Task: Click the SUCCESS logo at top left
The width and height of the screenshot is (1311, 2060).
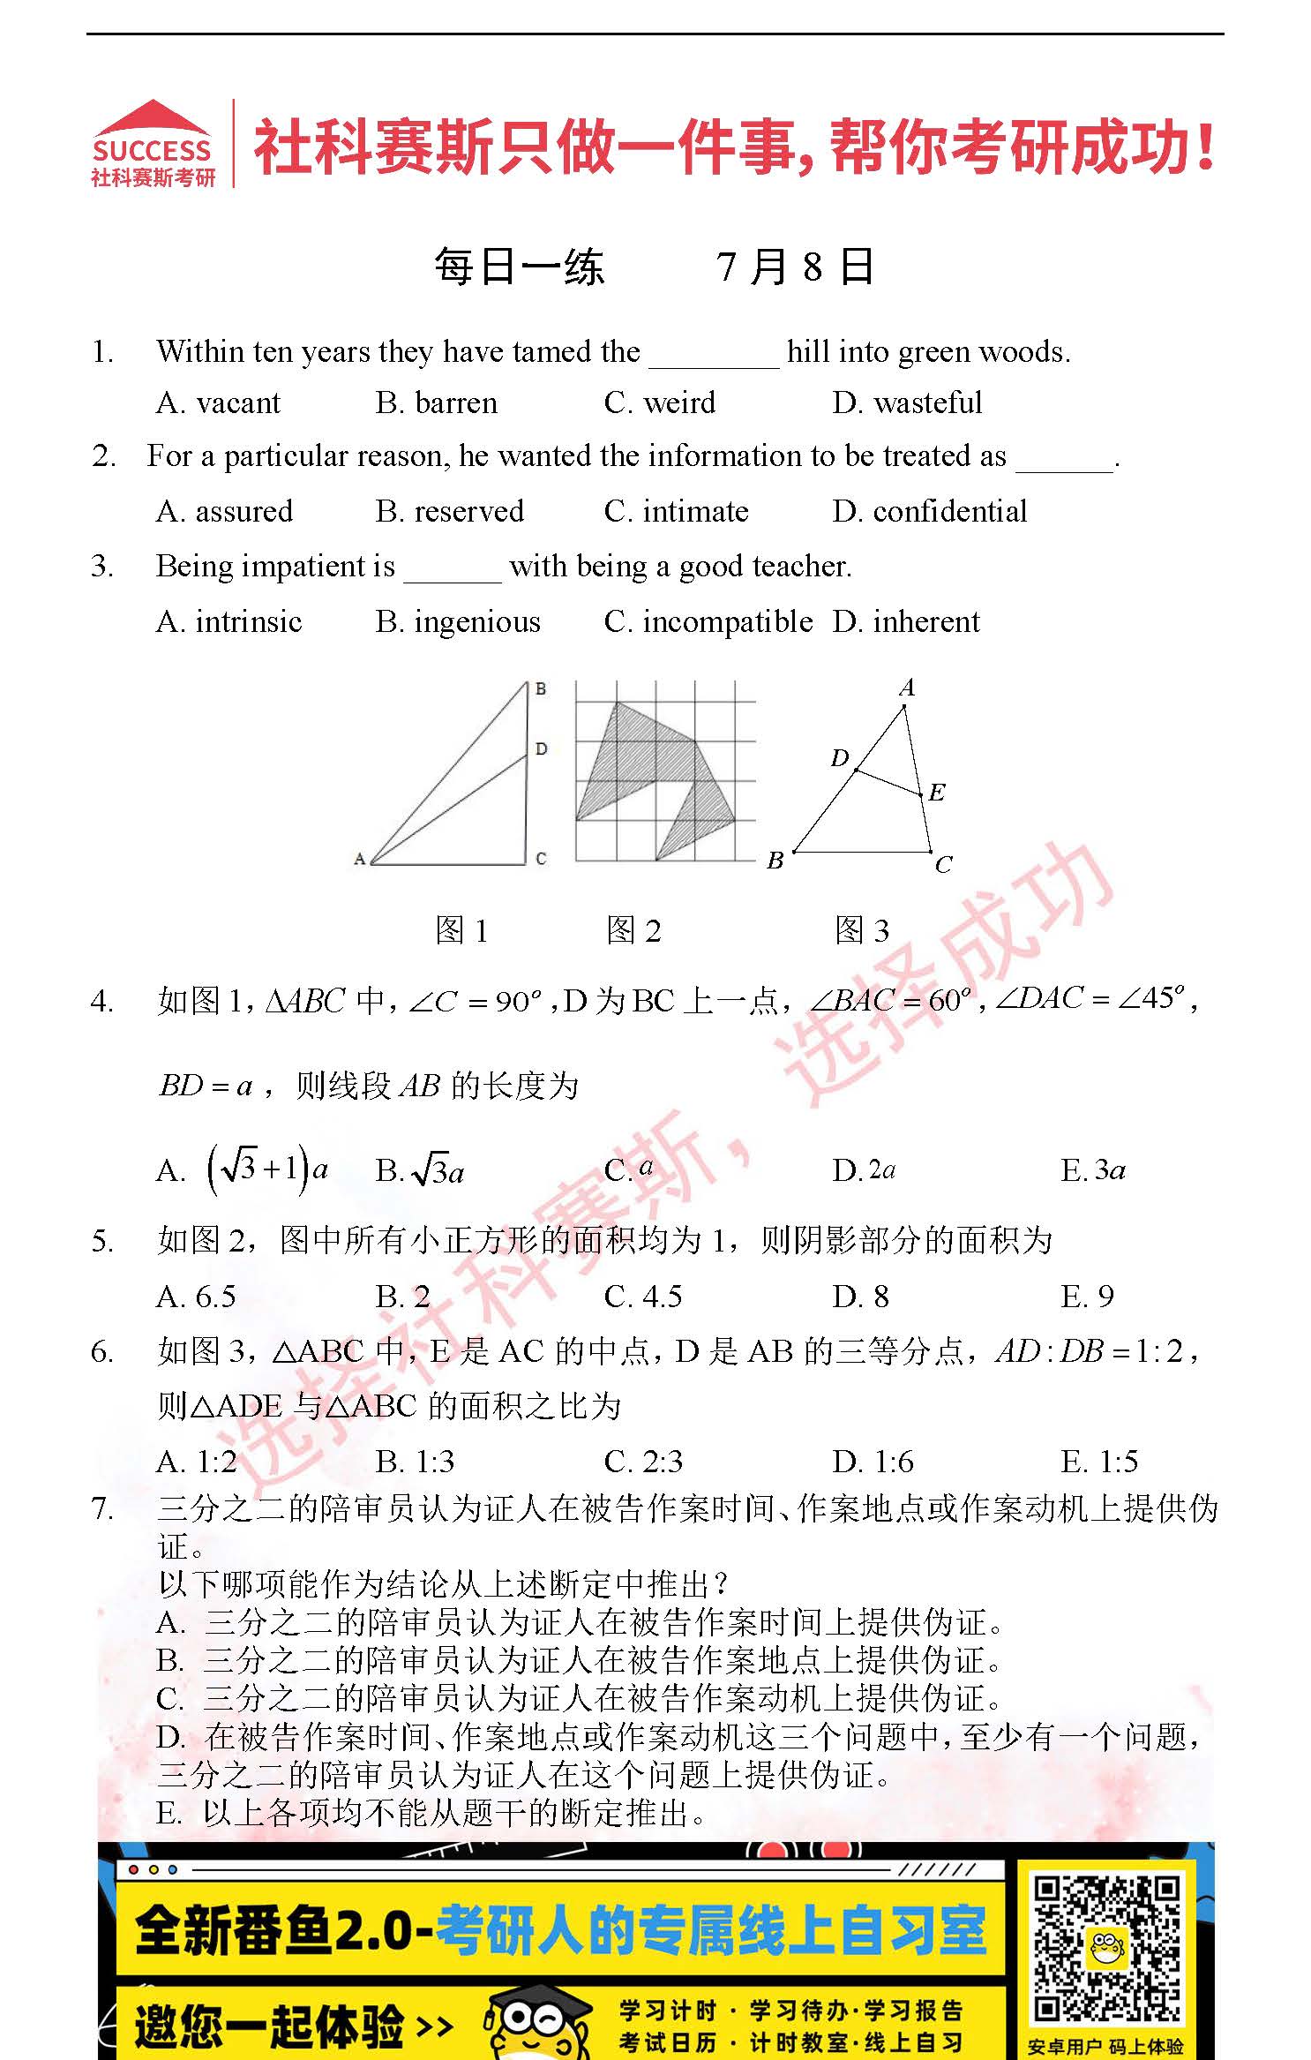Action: tap(153, 143)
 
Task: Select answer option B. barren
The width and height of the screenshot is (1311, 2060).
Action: tap(436, 403)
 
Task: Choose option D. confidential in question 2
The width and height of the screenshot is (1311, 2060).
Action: tap(929, 512)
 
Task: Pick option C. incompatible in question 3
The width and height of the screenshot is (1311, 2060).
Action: tap(708, 622)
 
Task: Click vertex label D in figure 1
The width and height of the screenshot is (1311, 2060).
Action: tap(541, 748)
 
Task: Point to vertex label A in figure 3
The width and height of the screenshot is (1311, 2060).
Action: tap(907, 688)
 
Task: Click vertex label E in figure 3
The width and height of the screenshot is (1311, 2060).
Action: tap(937, 792)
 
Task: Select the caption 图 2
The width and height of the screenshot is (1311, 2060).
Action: tap(633, 930)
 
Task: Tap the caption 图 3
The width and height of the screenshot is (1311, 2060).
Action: tap(862, 930)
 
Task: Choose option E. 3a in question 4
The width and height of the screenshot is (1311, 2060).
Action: tap(1093, 1170)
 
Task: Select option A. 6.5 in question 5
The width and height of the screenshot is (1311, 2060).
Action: tap(196, 1297)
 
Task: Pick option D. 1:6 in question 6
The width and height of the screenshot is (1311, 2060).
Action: tap(873, 1462)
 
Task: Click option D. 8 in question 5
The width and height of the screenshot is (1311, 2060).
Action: tap(860, 1297)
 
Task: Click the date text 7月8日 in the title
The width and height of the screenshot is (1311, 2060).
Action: tap(794, 267)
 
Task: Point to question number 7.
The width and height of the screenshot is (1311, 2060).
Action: tap(102, 1509)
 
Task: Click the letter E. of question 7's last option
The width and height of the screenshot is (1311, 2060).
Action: tap(169, 1813)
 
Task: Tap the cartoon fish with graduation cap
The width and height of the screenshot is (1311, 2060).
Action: tap(535, 2020)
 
